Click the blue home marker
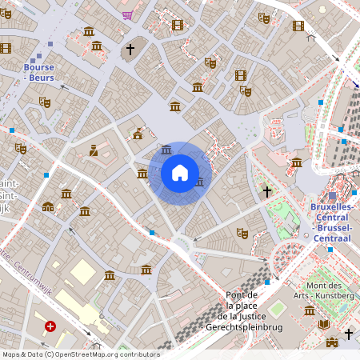[x=180, y=173]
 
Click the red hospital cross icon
[x=50, y=326]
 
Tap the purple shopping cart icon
[x=127, y=15]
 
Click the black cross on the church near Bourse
[x=130, y=50]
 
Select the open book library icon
[x=324, y=324]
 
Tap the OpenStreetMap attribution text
[x=80, y=354]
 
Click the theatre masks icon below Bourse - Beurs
[x=45, y=102]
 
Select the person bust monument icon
[x=94, y=150]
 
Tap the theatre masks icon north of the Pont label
[x=242, y=233]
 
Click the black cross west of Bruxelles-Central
[x=267, y=192]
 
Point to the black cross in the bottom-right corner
[x=349, y=333]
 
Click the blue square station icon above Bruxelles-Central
[x=333, y=196]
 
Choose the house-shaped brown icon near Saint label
[x=48, y=207]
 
